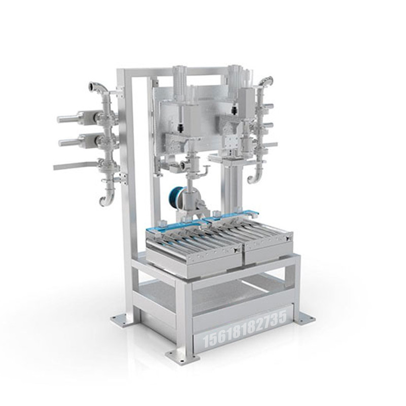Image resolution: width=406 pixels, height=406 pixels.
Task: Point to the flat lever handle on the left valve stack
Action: (75, 165)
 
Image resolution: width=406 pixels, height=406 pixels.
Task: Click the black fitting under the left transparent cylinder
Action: (181, 128)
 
